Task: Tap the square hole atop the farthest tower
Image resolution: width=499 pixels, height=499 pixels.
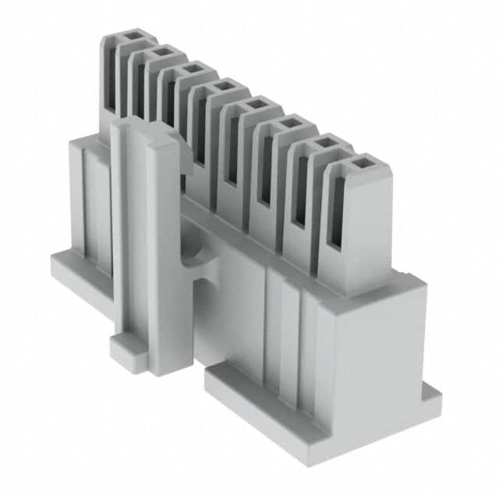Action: (129, 35)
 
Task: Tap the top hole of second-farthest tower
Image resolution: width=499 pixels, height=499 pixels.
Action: (161, 52)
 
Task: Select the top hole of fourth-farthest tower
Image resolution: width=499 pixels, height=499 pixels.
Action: (223, 85)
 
